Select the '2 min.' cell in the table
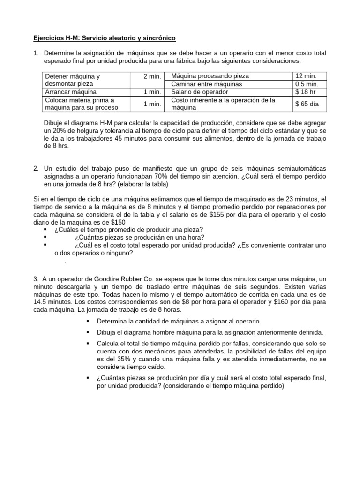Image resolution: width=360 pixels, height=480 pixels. coord(152,76)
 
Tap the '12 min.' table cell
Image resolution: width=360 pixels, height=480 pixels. coord(305,76)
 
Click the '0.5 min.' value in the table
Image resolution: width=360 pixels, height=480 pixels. coord(307,84)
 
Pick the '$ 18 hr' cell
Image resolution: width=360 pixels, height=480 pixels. coord(305,92)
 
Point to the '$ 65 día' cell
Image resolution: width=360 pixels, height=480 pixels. coord(307,104)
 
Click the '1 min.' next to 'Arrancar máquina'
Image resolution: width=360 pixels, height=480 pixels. coord(152,92)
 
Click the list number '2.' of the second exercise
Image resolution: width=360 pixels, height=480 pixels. coord(36,168)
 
